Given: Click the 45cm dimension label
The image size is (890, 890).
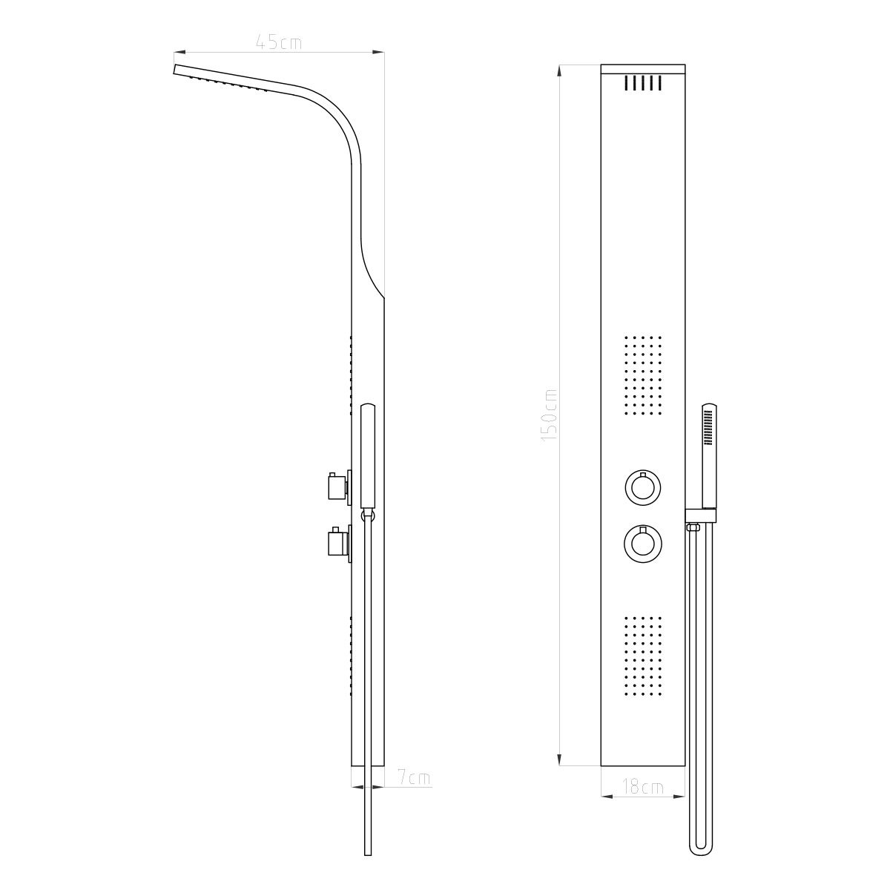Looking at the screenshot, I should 278,42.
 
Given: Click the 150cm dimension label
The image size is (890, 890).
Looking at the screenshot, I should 550,416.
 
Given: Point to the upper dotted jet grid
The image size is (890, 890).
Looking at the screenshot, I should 643,378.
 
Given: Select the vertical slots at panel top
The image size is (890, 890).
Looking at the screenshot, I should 643,83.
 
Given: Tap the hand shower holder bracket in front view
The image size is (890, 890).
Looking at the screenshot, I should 701,513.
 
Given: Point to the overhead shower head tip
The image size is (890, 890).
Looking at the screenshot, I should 177,70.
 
